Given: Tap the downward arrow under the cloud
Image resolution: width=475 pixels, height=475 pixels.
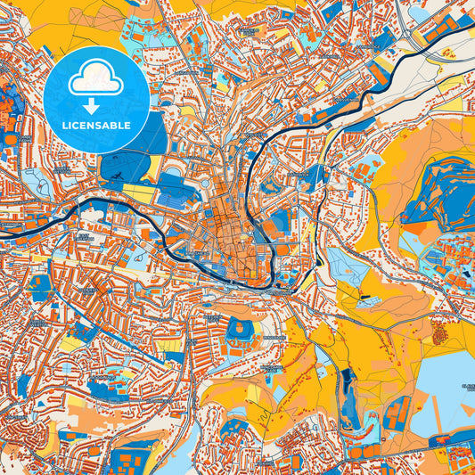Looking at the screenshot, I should pos(95,106).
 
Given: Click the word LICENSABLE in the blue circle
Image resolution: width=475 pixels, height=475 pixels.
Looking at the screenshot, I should pos(95,126).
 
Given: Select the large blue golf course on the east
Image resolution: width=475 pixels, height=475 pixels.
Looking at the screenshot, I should pos(437,192).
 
